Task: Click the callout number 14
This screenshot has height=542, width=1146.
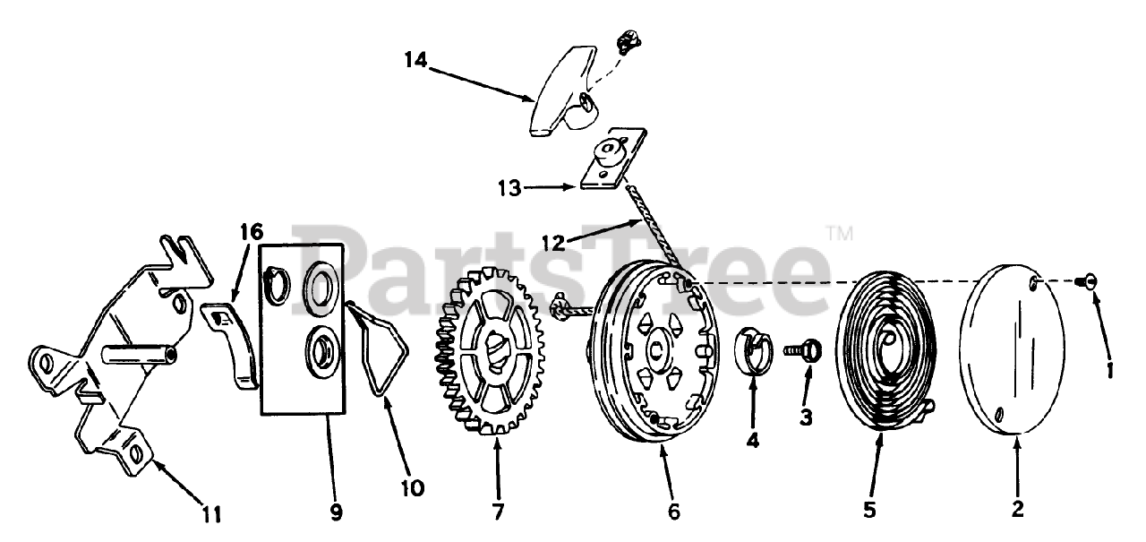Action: click(x=415, y=60)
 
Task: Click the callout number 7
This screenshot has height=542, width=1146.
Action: click(x=497, y=512)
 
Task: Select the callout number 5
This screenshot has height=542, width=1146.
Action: click(x=868, y=510)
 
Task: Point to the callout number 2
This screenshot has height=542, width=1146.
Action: click(x=1017, y=510)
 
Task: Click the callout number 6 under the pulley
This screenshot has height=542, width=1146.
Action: click(x=673, y=512)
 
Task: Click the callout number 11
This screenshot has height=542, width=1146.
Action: click(x=211, y=515)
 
